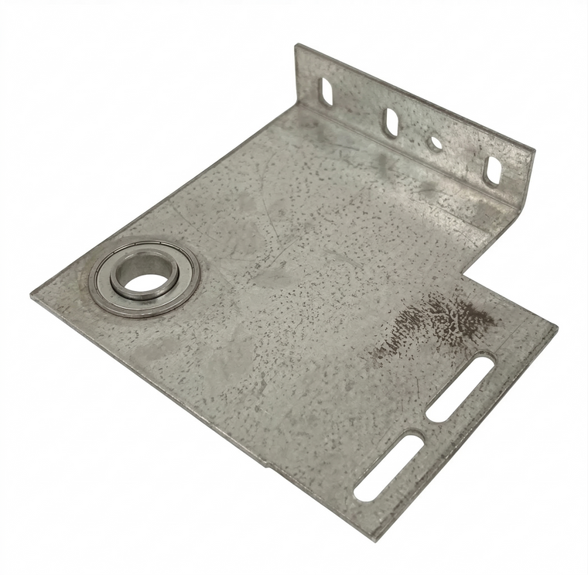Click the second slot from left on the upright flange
pos(391,121)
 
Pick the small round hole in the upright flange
pos(435,143)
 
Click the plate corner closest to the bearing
pos(33,295)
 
